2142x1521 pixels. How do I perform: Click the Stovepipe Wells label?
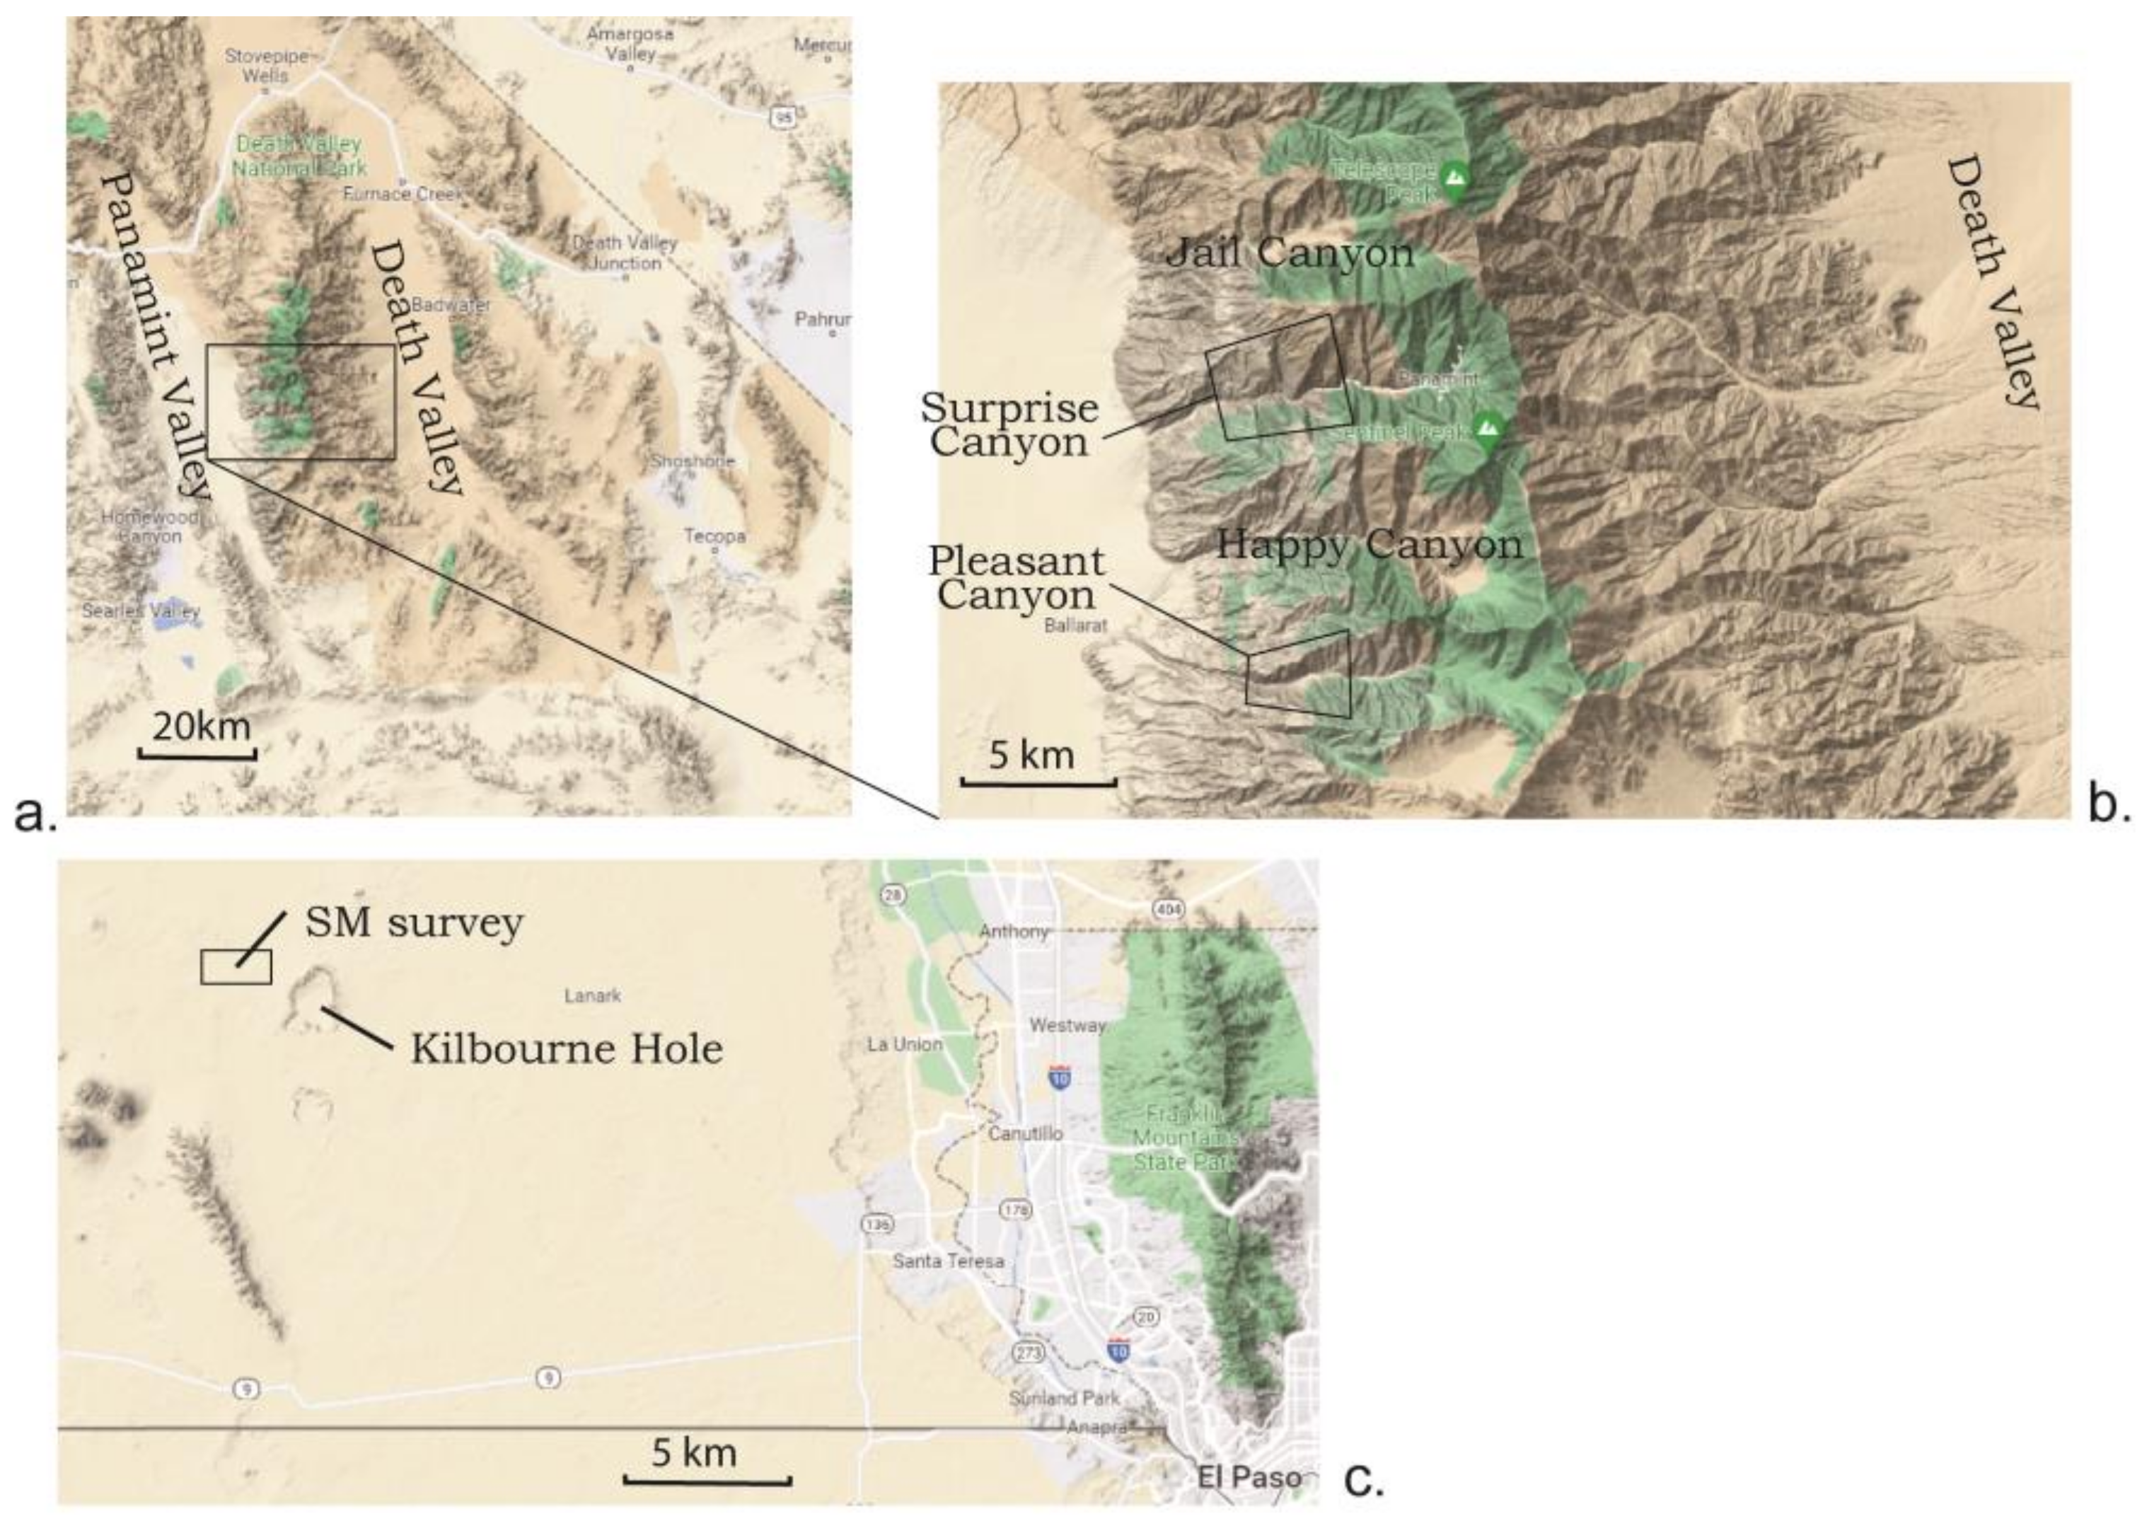tap(266, 66)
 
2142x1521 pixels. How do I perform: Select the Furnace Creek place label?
tap(403, 194)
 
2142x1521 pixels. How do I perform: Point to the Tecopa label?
tap(714, 537)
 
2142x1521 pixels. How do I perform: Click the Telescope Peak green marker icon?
tap(1454, 179)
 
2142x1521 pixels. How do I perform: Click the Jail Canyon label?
tap(1289, 253)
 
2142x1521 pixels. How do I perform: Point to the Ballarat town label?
tap(1075, 625)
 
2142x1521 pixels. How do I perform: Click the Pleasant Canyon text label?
tap(1017, 578)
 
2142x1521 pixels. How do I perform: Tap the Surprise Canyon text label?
tap(1009, 424)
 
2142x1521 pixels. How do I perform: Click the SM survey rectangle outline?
tap(236, 966)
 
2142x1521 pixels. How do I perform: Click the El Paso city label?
tap(1249, 1477)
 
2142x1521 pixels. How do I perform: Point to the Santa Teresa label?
tap(948, 1261)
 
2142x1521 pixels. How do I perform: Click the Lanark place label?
tap(592, 995)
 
